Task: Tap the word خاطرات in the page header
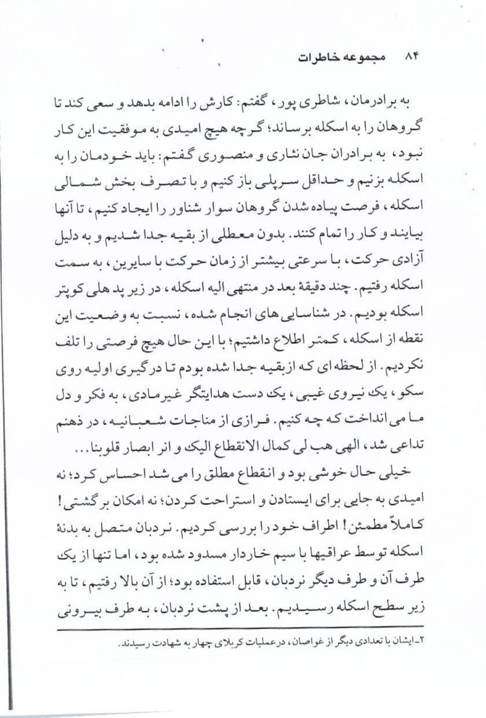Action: [x=321, y=58]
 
